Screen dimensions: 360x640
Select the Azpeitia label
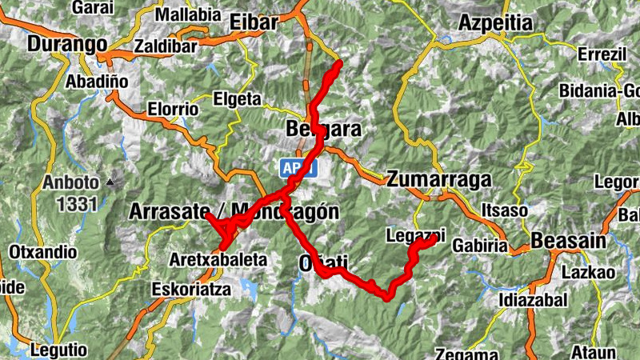(495, 23)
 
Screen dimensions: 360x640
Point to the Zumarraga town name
(438, 180)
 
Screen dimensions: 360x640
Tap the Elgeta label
(238, 99)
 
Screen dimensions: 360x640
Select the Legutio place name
(57, 350)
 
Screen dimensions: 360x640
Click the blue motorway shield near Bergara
(299, 168)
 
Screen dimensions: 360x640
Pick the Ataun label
(594, 352)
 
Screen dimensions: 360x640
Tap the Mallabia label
(188, 14)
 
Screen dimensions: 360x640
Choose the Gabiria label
(480, 247)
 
